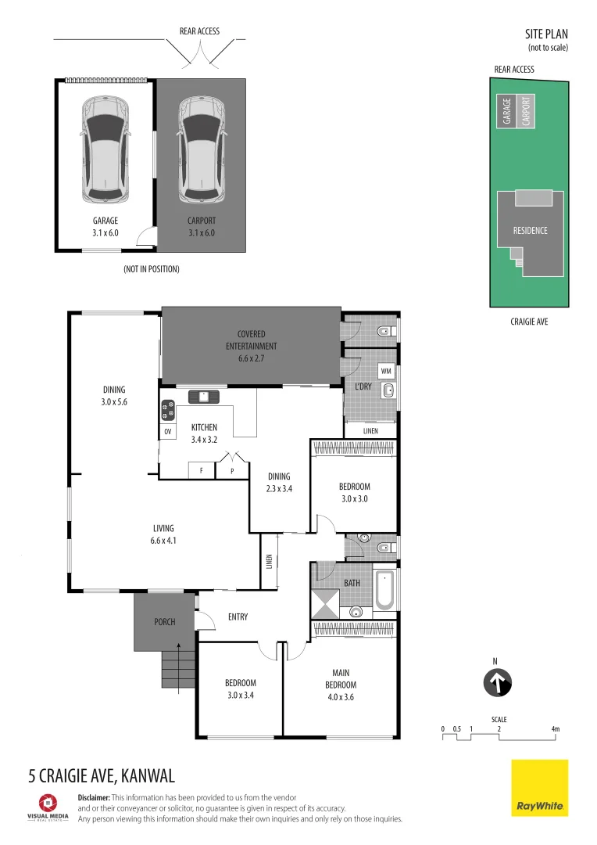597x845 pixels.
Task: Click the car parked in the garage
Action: click(x=105, y=149)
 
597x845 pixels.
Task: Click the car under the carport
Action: click(x=202, y=149)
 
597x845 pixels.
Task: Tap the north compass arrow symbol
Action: click(x=497, y=682)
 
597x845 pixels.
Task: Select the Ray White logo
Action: click(x=539, y=788)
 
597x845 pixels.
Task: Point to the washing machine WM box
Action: click(x=386, y=371)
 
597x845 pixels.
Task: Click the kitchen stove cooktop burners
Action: click(x=168, y=411)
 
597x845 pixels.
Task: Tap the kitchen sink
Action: click(x=203, y=397)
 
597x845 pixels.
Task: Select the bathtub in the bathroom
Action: click(x=384, y=590)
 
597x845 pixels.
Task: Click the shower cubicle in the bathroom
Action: click(x=326, y=604)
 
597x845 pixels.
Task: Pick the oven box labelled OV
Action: click(x=168, y=431)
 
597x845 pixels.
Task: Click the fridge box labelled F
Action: click(x=202, y=470)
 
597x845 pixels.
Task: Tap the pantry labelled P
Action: click(x=232, y=470)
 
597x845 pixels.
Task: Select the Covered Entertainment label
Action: click(x=252, y=340)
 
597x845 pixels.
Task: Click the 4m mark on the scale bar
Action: click(x=556, y=729)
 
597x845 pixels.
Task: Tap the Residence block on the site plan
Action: click(x=531, y=231)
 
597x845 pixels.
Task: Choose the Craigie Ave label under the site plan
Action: click(x=529, y=322)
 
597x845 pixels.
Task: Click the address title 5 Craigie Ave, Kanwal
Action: click(x=102, y=776)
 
